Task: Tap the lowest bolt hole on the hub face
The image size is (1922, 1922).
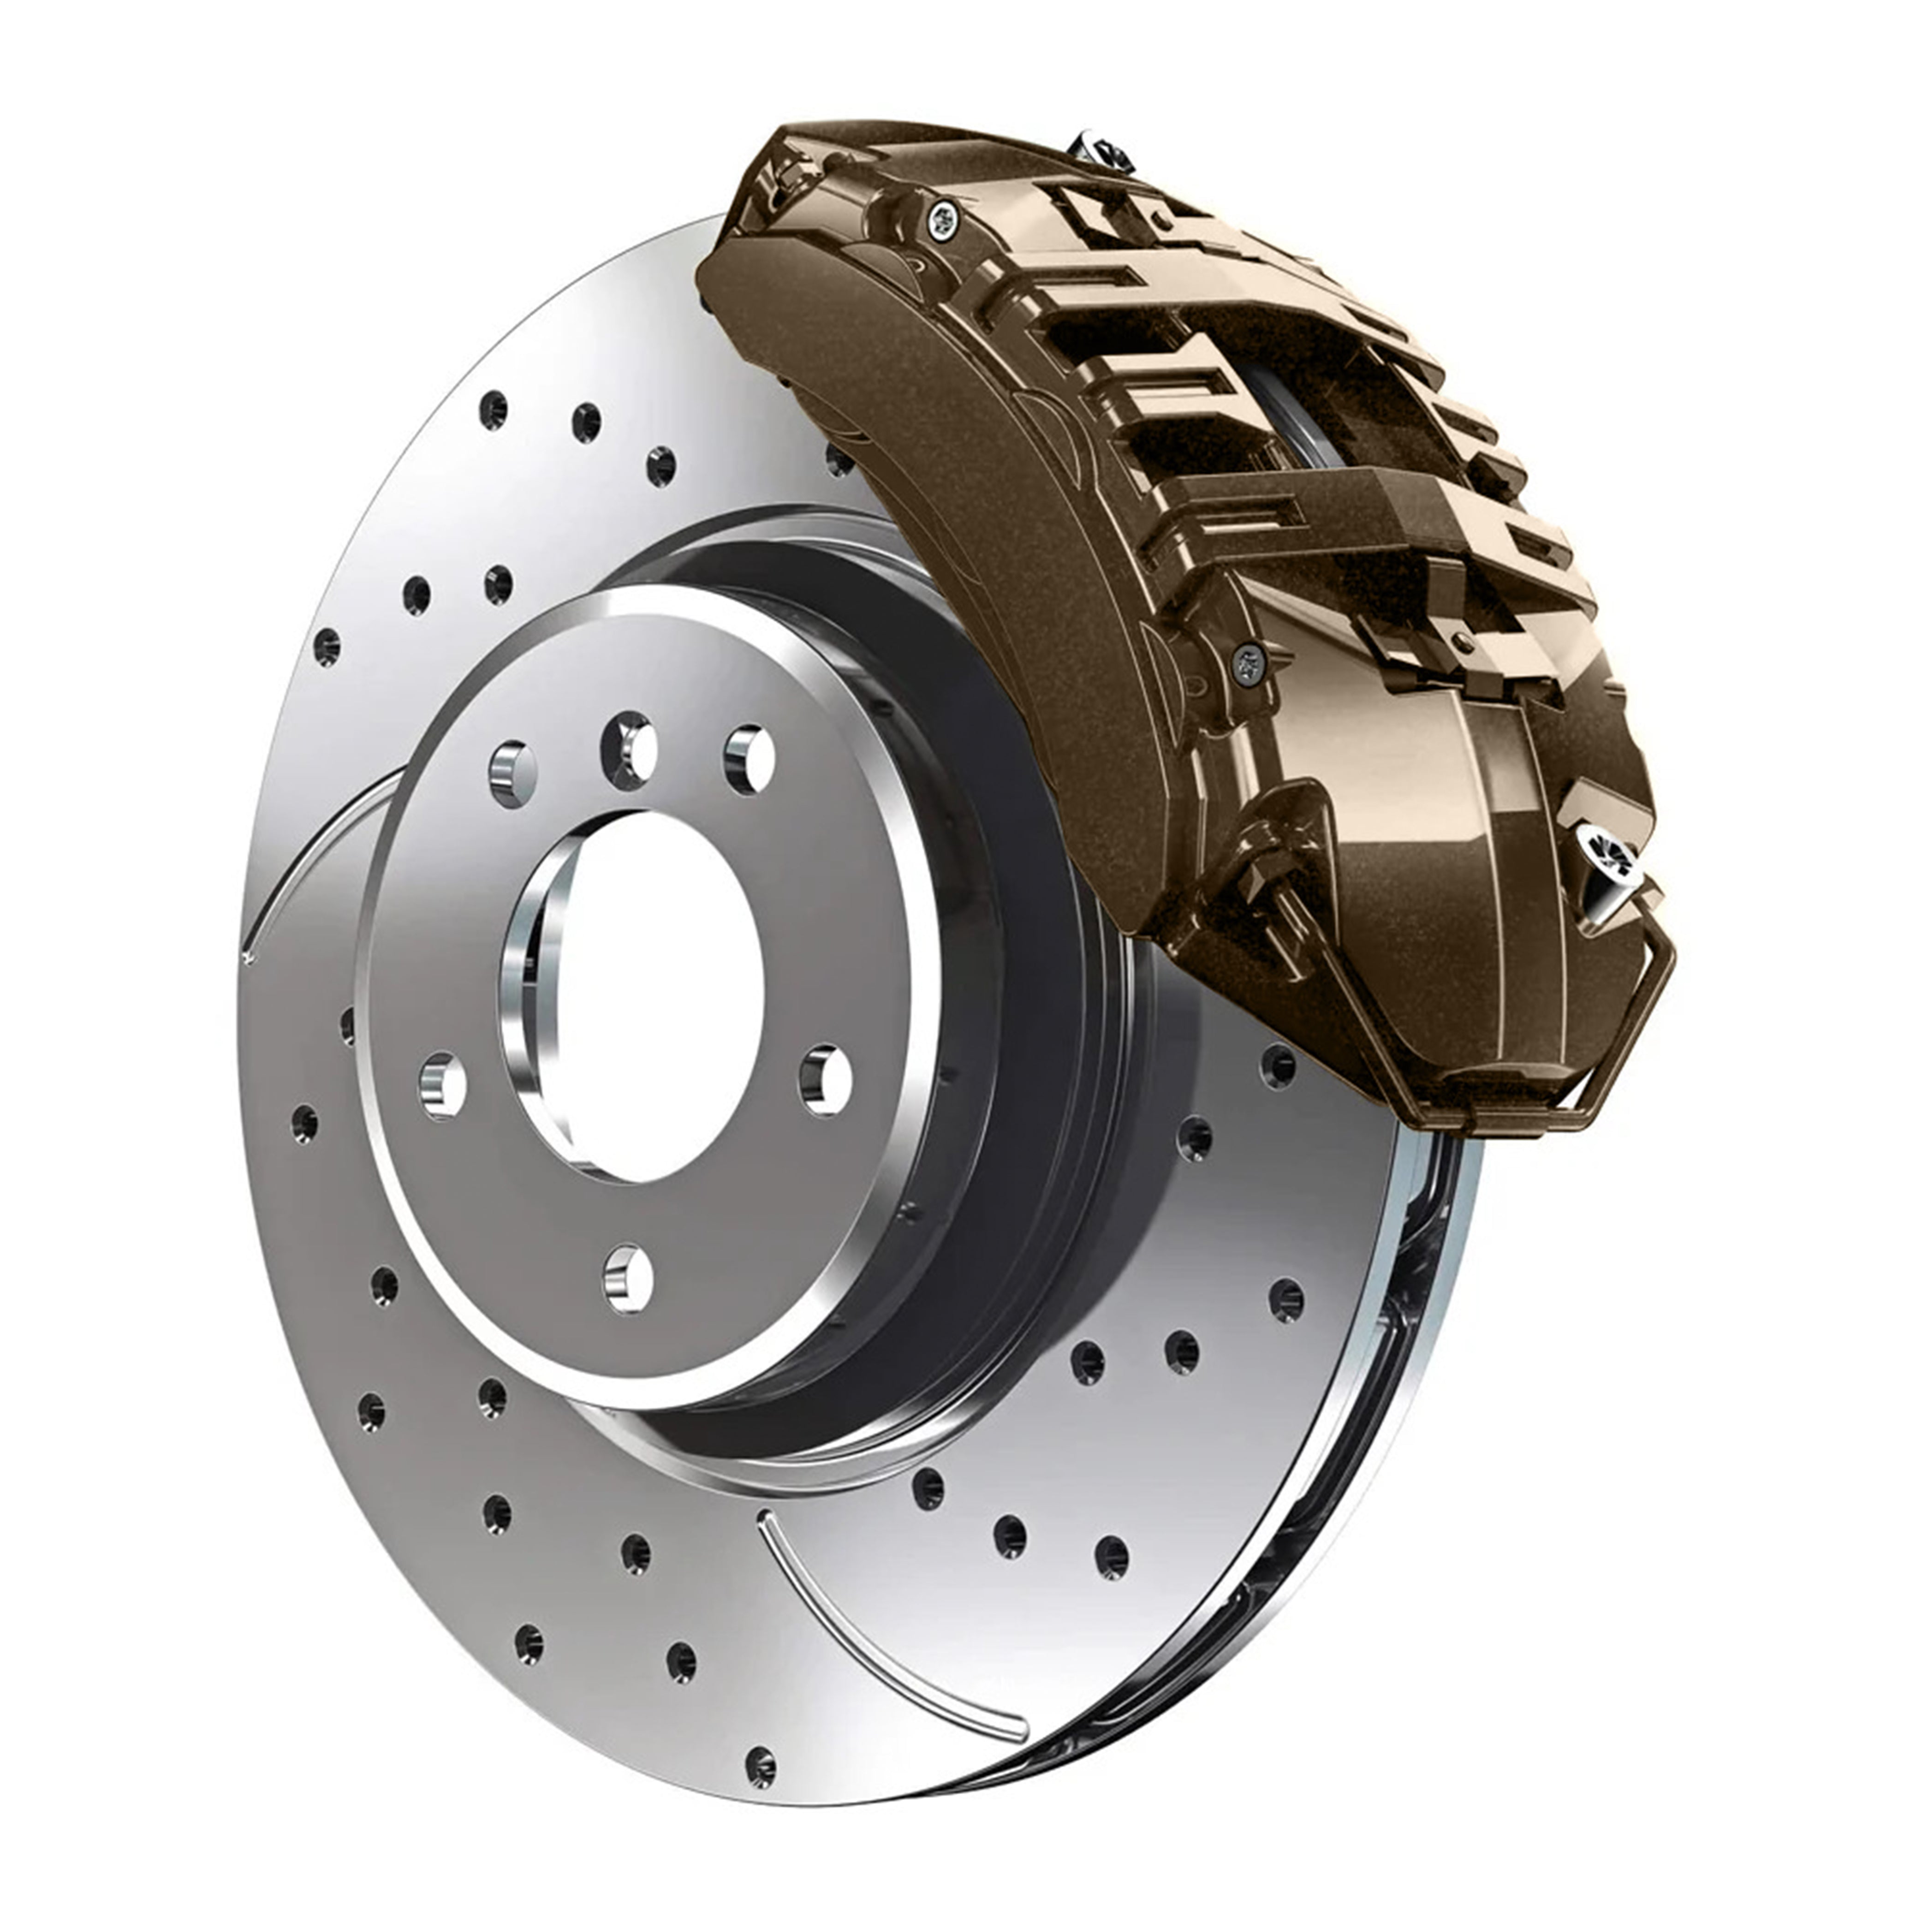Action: coord(629,1279)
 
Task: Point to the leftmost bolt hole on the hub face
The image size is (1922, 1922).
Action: coord(443,1085)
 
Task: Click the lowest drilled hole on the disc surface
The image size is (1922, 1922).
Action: coord(760,1764)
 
